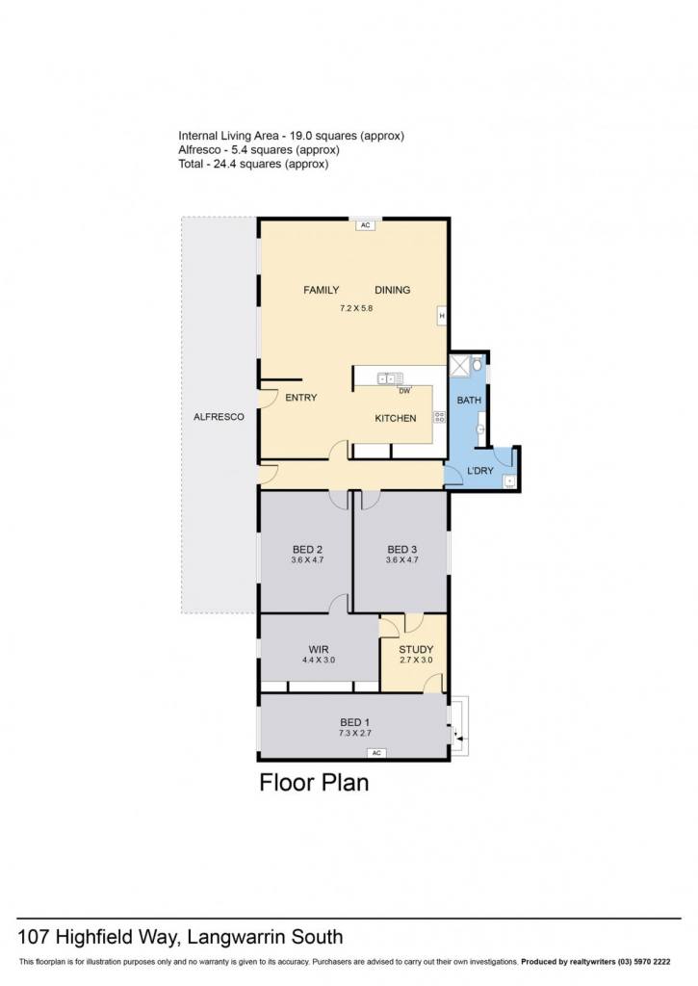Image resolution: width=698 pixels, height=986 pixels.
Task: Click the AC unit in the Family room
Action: pos(365,224)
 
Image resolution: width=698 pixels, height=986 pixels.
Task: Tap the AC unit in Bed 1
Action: pos(376,753)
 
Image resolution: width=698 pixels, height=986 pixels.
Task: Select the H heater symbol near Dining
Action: pos(442,316)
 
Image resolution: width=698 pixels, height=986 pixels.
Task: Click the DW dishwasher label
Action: pos(404,391)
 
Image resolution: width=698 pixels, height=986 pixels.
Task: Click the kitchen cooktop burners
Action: pos(440,416)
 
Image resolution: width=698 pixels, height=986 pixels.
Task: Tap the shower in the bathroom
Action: pos(459,364)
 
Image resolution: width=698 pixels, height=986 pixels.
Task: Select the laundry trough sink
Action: pos(509,481)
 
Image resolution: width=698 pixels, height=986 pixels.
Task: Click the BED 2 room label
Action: pos(307,549)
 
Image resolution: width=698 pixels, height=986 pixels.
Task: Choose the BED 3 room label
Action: pos(401,549)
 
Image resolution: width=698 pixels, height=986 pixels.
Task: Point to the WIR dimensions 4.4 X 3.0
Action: pos(318,660)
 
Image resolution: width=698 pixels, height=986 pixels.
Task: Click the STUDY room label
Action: pos(416,649)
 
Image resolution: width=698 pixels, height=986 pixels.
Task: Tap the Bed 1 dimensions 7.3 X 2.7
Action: pos(355,733)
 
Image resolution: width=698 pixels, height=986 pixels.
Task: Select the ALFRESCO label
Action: pos(219,416)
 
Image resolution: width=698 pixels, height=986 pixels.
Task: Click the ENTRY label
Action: pos(301,398)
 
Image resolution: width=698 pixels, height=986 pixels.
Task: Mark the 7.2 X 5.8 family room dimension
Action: pos(356,308)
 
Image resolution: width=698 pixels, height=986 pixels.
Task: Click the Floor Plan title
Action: pos(315,782)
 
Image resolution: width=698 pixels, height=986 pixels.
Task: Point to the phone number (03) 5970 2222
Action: pos(644,962)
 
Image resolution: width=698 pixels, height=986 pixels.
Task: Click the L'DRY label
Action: pos(479,470)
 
